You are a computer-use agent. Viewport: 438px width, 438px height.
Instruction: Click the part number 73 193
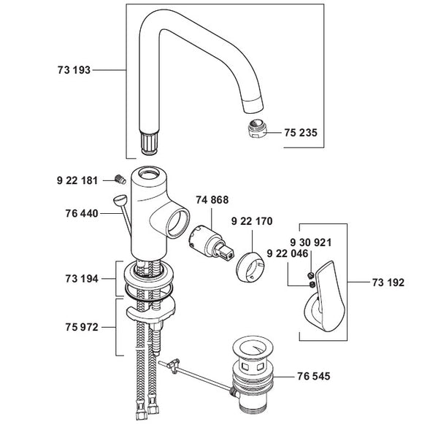pyautogui.click(x=74, y=70)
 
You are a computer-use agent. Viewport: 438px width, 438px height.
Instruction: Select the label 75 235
pyautogui.click(x=301, y=133)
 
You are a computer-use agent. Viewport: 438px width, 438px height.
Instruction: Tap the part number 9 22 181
pyautogui.click(x=77, y=180)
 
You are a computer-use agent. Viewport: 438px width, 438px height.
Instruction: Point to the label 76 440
pyautogui.click(x=82, y=213)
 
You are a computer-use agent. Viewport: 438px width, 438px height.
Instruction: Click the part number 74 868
pyautogui.click(x=212, y=200)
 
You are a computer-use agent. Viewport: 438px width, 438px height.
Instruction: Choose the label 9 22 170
pyautogui.click(x=252, y=221)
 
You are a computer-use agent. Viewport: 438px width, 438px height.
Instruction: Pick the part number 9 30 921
pyautogui.click(x=311, y=242)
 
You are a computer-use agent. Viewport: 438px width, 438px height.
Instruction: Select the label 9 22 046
pyautogui.click(x=288, y=253)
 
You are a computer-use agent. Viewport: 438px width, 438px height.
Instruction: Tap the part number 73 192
pyautogui.click(x=388, y=283)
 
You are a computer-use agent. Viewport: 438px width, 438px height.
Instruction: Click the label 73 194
pyautogui.click(x=82, y=279)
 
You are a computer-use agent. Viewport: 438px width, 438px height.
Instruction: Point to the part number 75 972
pyautogui.click(x=82, y=327)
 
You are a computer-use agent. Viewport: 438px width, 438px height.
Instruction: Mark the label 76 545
pyautogui.click(x=314, y=376)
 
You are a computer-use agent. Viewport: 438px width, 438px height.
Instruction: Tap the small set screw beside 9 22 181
pyautogui.click(x=120, y=180)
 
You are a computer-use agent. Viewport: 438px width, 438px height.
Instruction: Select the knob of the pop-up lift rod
pyautogui.click(x=120, y=200)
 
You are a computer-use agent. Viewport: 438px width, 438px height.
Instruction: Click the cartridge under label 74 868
pyautogui.click(x=211, y=242)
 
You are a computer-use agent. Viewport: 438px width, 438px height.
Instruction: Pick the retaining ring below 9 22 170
pyautogui.click(x=250, y=266)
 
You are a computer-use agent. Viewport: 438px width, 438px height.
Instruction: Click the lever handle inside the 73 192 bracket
pyautogui.click(x=324, y=296)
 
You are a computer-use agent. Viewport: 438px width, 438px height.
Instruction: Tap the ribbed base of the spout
pyautogui.click(x=150, y=143)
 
